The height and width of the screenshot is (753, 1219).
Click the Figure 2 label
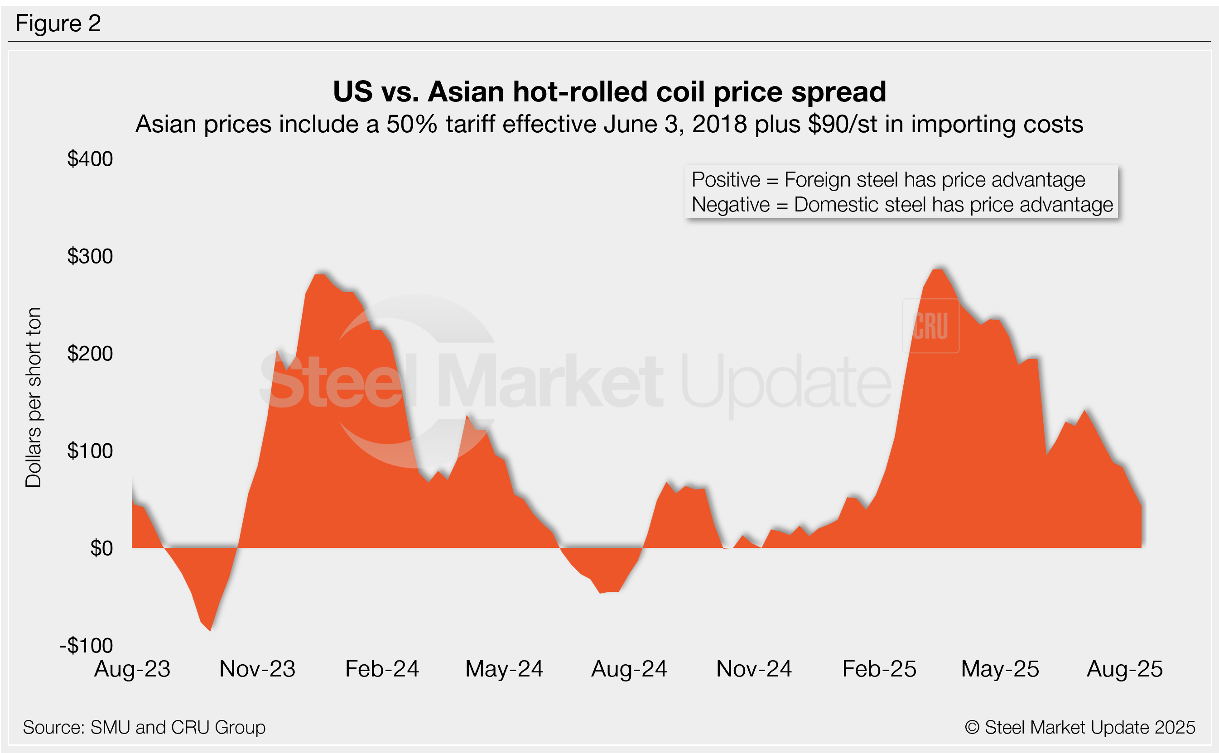[58, 24]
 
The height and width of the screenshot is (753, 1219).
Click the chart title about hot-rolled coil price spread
[609, 92]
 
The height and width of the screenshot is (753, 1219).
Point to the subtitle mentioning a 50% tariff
[609, 124]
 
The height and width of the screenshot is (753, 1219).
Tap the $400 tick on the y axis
[90, 159]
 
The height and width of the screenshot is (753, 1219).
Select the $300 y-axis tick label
[90, 256]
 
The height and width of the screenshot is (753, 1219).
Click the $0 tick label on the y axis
[101, 548]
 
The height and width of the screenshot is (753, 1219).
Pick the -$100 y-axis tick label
[86, 645]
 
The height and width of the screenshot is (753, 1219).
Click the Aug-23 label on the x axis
[132, 669]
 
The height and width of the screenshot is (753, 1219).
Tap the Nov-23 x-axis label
[257, 669]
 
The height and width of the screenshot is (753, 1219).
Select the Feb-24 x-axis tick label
[382, 669]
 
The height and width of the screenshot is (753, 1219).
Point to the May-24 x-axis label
[504, 669]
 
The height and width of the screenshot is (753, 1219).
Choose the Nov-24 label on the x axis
[754, 669]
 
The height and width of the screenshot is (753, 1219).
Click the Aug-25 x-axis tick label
[1125, 669]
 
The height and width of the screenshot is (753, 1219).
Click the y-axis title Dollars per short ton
[34, 398]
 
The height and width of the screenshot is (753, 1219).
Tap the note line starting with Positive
[888, 180]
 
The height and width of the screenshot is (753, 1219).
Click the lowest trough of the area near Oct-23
[210, 630]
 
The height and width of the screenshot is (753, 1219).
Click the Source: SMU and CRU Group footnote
[144, 728]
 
